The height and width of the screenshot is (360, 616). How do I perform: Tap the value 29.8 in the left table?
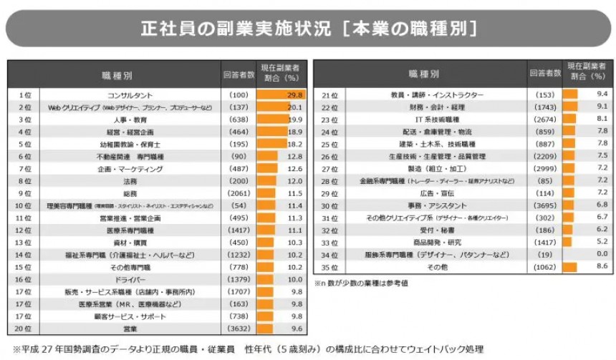pyautogui.click(x=296, y=94)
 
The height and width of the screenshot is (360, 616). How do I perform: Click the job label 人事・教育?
pyautogui.click(x=130, y=120)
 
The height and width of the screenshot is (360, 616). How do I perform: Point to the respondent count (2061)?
pyautogui.click(x=238, y=193)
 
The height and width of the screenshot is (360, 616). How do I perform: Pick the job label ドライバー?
pyautogui.click(x=130, y=279)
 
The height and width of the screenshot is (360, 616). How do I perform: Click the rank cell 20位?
pyautogui.click(x=24, y=329)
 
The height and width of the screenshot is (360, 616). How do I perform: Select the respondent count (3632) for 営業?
pyautogui.click(x=238, y=329)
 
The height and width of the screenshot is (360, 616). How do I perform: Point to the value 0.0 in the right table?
pyautogui.click(x=601, y=254)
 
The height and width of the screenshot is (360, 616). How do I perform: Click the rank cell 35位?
pyautogui.click(x=329, y=267)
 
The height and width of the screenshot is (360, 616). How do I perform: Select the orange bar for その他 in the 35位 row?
pyautogui.click(x=569, y=267)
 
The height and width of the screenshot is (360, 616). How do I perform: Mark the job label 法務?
pyautogui.click(x=130, y=181)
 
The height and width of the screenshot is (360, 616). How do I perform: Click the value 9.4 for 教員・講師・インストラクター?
pyautogui.click(x=601, y=94)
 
